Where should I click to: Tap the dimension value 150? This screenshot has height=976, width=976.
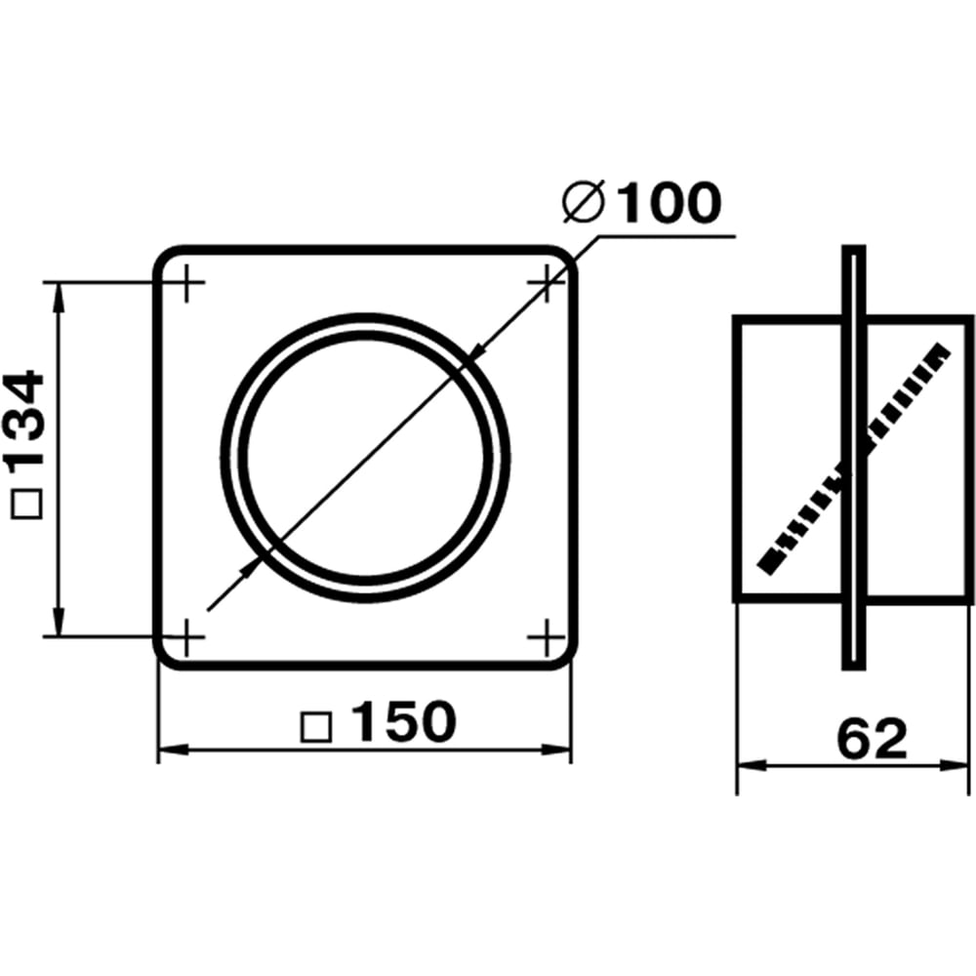tap(404, 721)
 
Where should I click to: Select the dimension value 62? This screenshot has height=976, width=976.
tap(872, 739)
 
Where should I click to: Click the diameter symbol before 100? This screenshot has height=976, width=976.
tap(583, 202)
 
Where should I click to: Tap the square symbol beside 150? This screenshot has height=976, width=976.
tap(315, 727)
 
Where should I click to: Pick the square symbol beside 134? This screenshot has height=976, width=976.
tap(26, 504)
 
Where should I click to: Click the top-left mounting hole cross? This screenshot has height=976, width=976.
tap(186, 283)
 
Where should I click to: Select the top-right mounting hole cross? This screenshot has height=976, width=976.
tap(547, 283)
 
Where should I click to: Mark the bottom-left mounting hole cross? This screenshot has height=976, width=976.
tap(186, 636)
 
